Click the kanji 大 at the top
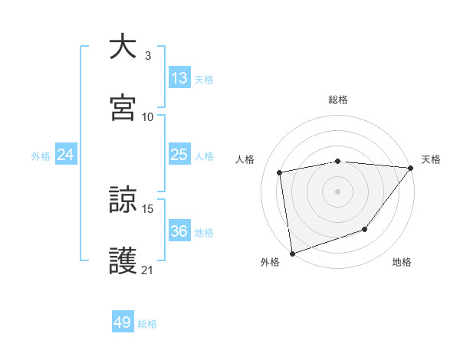pos(123,47)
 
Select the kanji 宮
pos(123,106)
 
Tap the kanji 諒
pos(123,201)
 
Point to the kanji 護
pos(123,260)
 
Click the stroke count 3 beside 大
pos(147,55)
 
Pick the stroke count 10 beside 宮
pos(148,116)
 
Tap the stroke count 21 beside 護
pos(148,270)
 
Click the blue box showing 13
pos(179,78)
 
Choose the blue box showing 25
pos(179,155)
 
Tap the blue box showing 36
pos(179,231)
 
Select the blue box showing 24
pos(65,155)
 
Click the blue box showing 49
pos(123,322)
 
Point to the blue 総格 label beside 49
pos(147,324)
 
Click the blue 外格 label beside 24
pos(41,156)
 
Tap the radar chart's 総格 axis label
pos(337,100)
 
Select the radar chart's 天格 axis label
pos(431,159)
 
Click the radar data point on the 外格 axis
pos(292,253)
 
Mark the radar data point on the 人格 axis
pos(280,172)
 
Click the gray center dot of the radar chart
pos(337,191)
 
